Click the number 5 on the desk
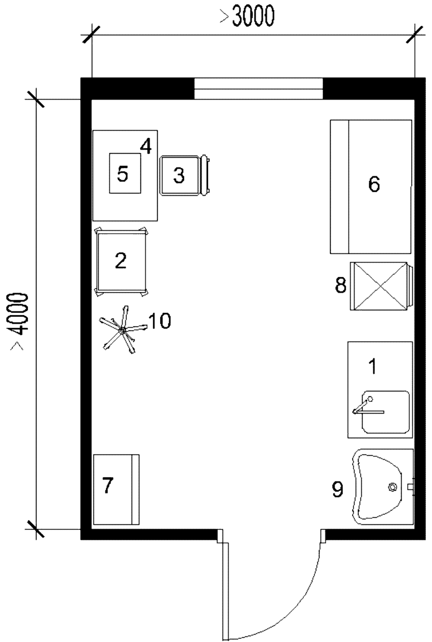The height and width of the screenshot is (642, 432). [123, 174]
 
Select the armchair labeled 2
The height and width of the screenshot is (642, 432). [122, 262]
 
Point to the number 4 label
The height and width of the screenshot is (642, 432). [146, 146]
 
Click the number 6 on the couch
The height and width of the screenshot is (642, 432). [374, 184]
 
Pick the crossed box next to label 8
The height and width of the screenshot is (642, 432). [382, 286]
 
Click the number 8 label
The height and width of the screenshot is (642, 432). [341, 285]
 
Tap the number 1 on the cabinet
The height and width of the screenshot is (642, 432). [373, 366]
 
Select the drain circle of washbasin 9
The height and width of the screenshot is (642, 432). [392, 487]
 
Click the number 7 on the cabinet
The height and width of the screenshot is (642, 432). [108, 485]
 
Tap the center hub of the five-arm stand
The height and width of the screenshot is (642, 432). [122, 331]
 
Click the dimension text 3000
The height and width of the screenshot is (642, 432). [253, 16]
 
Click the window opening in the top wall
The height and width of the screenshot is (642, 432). [259, 89]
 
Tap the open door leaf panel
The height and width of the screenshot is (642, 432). [226, 591]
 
